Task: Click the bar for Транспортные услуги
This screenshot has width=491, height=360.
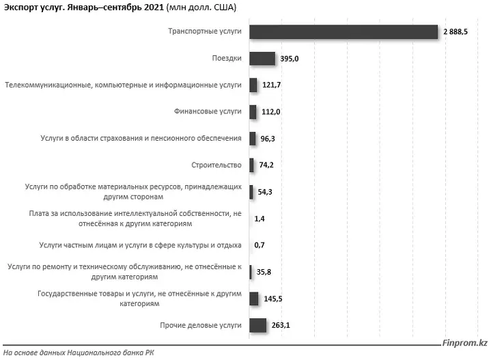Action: (x=343, y=31)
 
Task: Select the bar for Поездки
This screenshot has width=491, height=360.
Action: (x=262, y=59)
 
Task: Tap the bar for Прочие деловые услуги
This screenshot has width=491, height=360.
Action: (x=258, y=325)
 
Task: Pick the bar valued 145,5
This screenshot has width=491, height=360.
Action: (x=254, y=299)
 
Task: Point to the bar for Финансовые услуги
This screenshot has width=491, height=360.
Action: (x=253, y=112)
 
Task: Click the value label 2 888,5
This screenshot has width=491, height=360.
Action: (x=455, y=31)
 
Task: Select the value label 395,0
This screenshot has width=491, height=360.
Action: (x=290, y=59)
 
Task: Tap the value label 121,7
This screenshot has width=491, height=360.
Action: (x=272, y=85)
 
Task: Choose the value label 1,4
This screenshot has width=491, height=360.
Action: (x=259, y=219)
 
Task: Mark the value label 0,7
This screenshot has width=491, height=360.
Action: (x=259, y=245)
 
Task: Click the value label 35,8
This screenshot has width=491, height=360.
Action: (x=264, y=272)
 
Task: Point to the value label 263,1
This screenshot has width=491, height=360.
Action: (x=281, y=325)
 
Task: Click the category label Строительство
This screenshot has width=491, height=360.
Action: (x=216, y=165)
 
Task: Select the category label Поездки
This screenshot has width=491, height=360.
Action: (x=227, y=58)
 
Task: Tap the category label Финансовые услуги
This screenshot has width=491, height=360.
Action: (x=208, y=111)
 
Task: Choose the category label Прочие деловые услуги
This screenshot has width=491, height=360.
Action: (x=201, y=326)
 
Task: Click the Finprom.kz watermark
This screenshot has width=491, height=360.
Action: (x=464, y=343)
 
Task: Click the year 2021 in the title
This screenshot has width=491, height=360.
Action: (x=154, y=8)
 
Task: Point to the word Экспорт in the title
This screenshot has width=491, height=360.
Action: (x=20, y=8)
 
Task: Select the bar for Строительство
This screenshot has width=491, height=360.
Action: (x=251, y=165)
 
